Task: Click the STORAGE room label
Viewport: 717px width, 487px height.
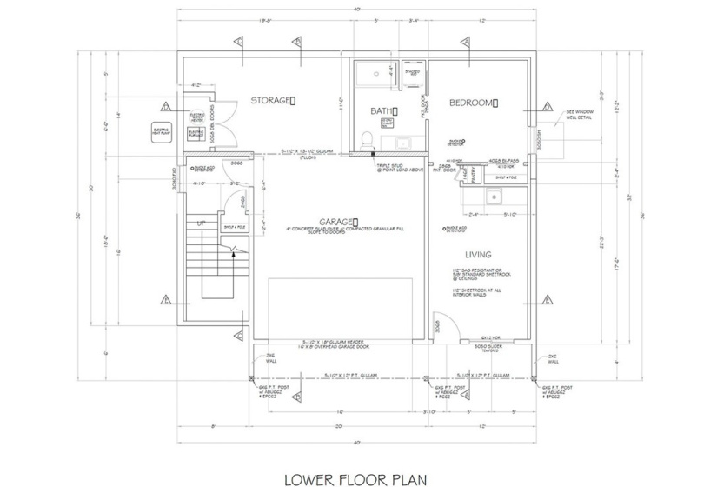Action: (272, 101)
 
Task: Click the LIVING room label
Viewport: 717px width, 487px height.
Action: (478, 255)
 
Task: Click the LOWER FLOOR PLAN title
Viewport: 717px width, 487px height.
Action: (356, 477)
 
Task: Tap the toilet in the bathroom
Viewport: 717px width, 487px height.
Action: (368, 139)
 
